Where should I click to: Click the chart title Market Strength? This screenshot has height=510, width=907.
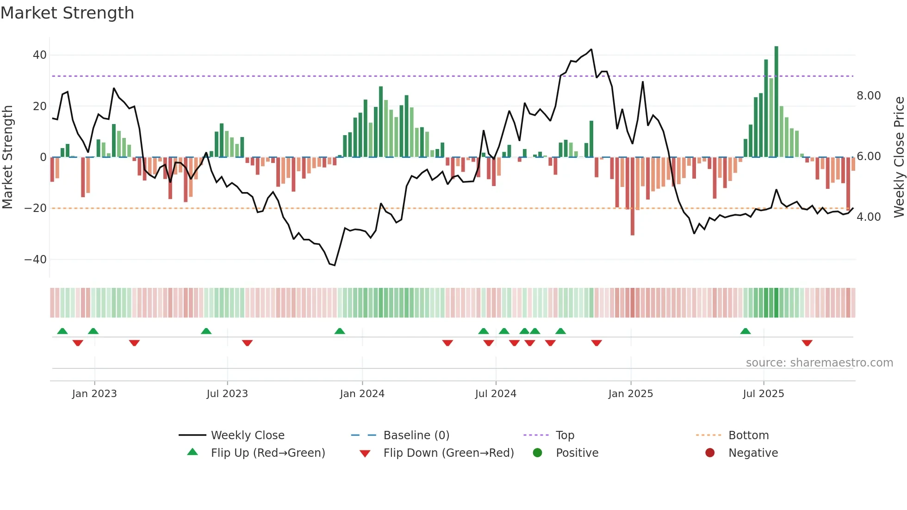67,13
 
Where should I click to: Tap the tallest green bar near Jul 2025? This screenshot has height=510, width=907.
776,102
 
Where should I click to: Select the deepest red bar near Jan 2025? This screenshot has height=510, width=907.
632,197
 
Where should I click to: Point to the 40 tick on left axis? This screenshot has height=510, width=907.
40,55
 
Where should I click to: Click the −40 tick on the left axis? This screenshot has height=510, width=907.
36,260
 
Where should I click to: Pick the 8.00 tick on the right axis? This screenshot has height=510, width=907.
869,96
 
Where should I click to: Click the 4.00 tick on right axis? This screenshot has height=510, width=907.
869,217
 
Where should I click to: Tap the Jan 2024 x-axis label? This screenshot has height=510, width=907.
362,394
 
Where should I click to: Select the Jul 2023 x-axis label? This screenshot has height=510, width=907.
227,394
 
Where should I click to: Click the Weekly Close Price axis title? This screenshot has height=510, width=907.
899,157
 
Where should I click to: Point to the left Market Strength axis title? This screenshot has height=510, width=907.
7,157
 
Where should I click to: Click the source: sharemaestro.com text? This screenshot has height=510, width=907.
819,363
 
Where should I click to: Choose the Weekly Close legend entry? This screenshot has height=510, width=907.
248,435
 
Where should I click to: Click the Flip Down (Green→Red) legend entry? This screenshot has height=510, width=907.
448,453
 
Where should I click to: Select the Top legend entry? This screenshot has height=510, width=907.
565,435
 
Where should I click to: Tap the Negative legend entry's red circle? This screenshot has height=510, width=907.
710,453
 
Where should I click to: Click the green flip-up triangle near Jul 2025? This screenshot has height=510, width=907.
745,331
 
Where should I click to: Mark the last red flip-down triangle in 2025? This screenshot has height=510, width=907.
807,343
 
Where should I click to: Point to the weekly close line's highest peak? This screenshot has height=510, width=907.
591,50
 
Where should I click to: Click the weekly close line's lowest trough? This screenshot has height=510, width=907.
334,265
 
